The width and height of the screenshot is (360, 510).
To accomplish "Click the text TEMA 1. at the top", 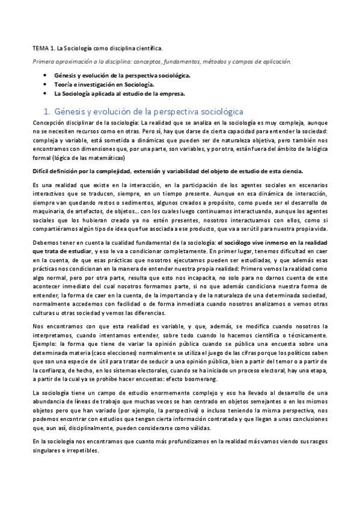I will (42, 48).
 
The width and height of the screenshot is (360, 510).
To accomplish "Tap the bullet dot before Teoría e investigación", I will (45, 85).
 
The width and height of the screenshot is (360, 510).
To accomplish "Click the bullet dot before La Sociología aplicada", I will (45, 94).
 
